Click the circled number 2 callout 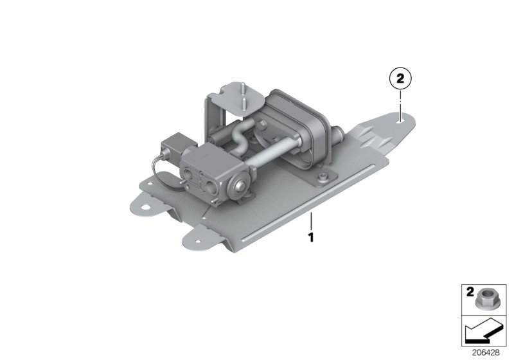tap(400, 80)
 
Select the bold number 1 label tap(311, 237)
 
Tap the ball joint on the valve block tap(240, 186)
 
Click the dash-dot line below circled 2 tap(400, 103)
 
